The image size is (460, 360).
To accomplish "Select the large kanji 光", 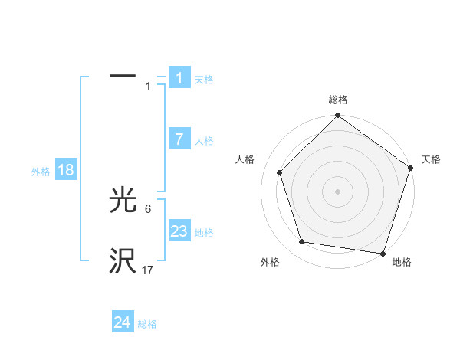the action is coord(123,201).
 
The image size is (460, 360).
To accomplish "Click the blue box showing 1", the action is coord(179,78).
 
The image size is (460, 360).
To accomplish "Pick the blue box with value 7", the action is coord(179,139).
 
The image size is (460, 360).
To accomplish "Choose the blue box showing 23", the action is coord(179,231).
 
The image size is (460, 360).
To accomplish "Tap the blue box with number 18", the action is coord(65,170).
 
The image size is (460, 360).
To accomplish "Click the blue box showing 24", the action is coord(123,322).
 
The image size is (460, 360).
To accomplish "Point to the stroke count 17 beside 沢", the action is coord(148,270).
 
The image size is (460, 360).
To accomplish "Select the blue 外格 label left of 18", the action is coord(41,172).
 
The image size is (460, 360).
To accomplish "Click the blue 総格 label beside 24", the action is coord(147,324).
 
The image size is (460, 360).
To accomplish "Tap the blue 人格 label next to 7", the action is coord(204,141).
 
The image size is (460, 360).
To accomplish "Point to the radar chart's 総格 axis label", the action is coord(338,100).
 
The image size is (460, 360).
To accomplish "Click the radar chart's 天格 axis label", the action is coord(431,159).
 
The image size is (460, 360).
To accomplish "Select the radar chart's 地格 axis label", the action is coord(402,262).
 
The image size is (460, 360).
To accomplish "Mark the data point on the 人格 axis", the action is coord(280,172).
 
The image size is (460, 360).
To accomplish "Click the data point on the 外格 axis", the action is coord(302,242).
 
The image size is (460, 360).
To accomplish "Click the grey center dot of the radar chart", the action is coord(338,191).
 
